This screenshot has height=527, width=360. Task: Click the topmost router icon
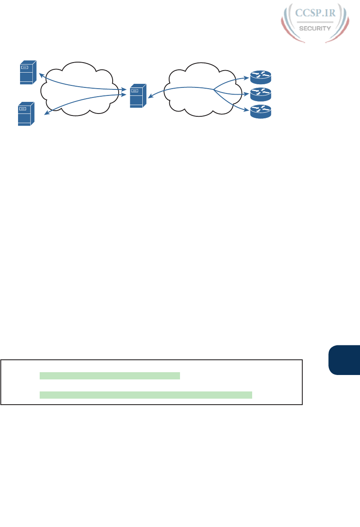(x=261, y=75)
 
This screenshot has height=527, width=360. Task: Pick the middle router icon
(x=261, y=94)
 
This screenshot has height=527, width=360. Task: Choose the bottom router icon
(x=261, y=111)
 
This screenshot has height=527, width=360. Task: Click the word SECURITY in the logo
(x=315, y=28)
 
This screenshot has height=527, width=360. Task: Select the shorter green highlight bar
(x=110, y=375)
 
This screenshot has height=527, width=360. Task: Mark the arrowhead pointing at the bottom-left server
(x=46, y=114)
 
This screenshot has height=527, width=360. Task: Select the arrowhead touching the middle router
(x=247, y=95)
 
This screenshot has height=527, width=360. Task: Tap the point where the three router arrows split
(x=214, y=90)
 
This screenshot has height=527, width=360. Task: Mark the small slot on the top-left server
(x=25, y=67)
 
